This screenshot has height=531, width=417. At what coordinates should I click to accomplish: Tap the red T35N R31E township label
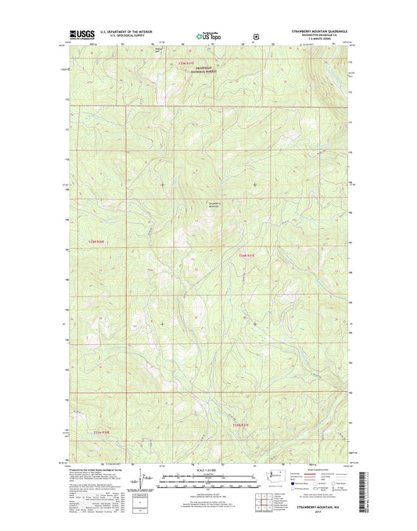tap(206, 65)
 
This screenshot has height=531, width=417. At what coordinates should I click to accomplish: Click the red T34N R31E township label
tap(247, 256)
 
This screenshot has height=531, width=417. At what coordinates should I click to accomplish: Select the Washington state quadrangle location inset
tap(275, 477)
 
